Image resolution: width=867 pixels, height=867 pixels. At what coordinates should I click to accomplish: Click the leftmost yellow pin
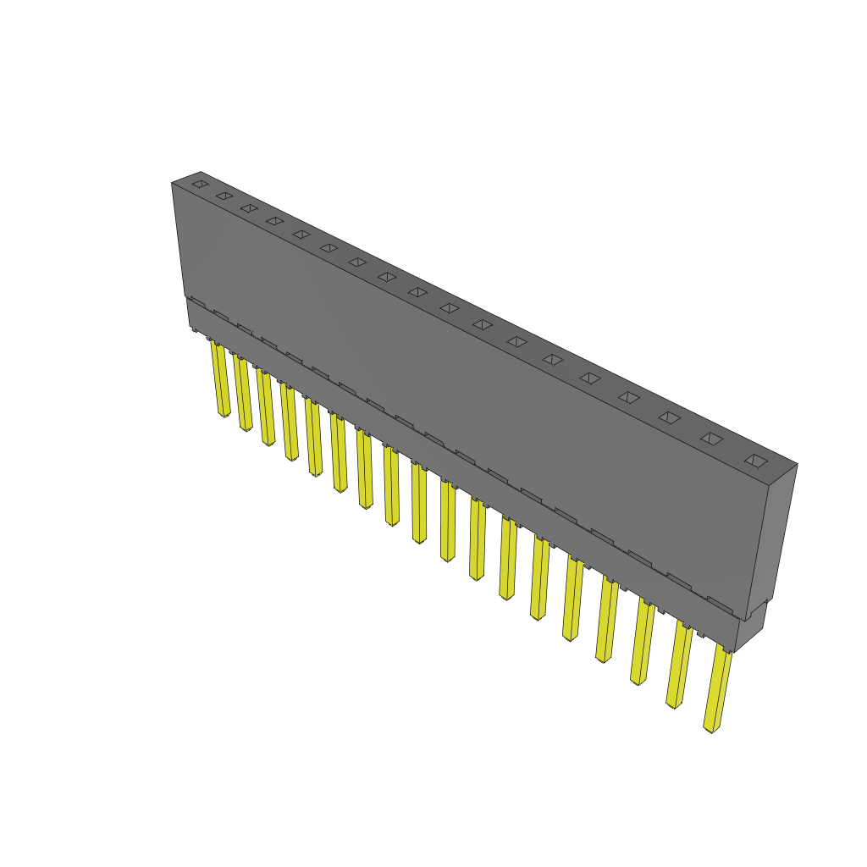coord(220,380)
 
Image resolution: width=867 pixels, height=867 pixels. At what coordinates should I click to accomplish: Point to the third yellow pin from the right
coord(642,643)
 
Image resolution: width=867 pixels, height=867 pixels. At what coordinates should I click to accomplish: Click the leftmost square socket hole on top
coord(199,184)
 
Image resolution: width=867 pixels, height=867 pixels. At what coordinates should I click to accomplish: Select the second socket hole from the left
coord(224,196)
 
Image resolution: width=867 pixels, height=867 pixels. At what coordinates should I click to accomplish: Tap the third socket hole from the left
coord(248,207)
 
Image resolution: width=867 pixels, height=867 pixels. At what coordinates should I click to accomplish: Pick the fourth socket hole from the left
coord(274,221)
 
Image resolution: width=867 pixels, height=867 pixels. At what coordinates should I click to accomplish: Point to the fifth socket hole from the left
coord(301,234)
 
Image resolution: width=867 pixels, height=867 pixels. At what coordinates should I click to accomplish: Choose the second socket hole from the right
coord(712,439)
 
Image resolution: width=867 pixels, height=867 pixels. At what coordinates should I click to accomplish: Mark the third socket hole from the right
coord(670,417)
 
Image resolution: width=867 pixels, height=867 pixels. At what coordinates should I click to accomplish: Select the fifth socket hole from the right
coord(590,378)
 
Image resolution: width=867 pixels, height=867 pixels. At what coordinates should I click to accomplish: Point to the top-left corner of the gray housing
coord(173,182)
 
